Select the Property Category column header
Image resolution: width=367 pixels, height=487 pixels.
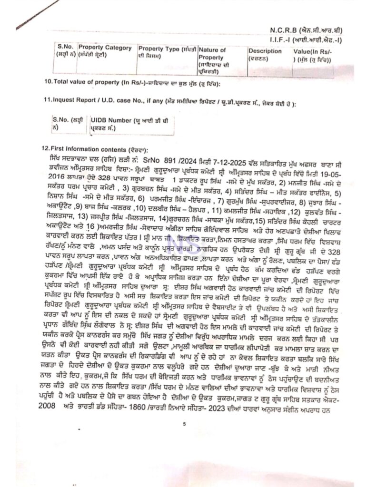(x=98, y=48)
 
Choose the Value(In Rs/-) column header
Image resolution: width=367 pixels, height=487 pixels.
(x=313, y=51)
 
